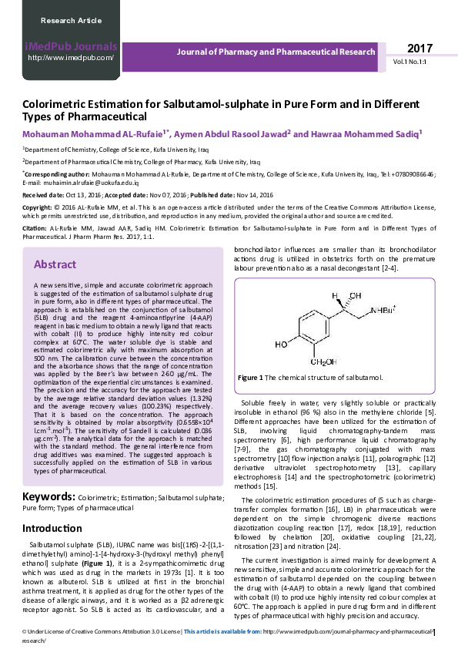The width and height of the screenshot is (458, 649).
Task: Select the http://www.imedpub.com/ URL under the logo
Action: coord(71,58)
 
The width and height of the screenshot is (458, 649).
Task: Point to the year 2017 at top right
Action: coord(420,48)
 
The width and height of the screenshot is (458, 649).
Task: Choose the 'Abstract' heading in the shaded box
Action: coord(54,264)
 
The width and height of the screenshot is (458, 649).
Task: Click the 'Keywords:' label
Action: coord(48,497)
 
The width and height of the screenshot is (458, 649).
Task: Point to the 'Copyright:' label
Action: coord(37,208)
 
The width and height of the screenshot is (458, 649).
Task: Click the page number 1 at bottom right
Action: coord(434,634)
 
